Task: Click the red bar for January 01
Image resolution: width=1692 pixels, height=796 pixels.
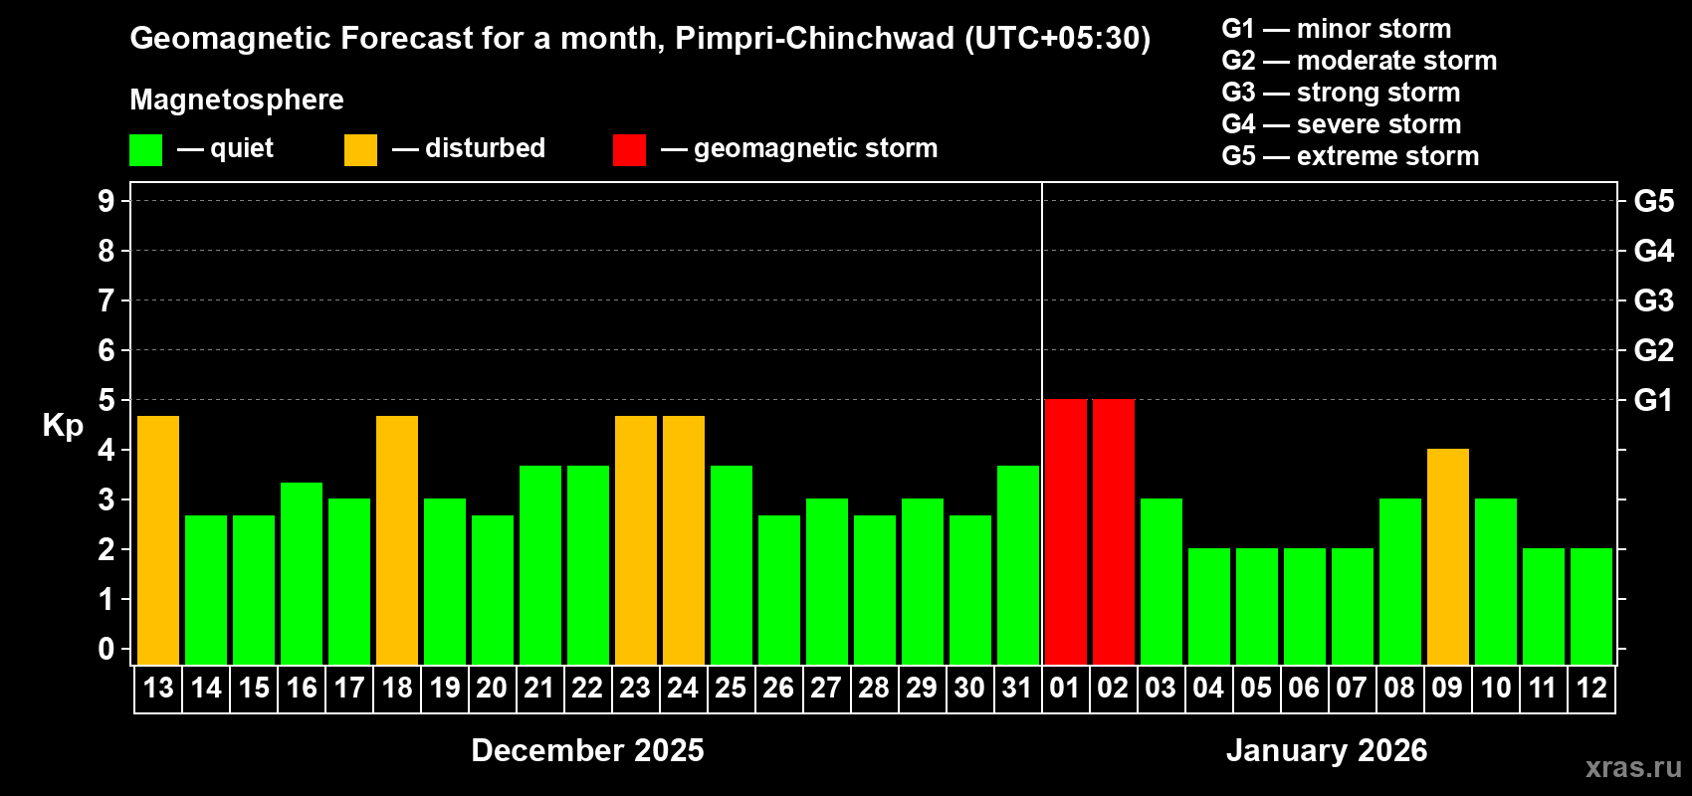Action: [x=1065, y=531]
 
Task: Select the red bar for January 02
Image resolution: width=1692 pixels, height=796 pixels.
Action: [x=1113, y=531]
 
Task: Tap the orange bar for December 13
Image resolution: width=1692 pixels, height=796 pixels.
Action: [x=158, y=539]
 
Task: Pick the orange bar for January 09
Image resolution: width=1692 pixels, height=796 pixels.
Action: [x=1447, y=556]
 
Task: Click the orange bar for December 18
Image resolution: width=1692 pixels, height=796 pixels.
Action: [x=397, y=539]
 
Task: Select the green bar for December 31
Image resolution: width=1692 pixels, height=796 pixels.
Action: [x=1017, y=564]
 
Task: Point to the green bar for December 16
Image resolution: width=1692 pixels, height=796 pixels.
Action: [x=302, y=573]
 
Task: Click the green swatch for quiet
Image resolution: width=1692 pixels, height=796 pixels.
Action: [x=145, y=150]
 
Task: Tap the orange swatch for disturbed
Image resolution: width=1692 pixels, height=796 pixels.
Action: [x=360, y=150]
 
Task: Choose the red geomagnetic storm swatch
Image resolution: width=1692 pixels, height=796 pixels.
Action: [x=629, y=150]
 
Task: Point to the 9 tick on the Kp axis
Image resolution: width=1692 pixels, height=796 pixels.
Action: [x=106, y=201]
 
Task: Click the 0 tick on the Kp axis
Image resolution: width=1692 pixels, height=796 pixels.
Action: [x=106, y=649]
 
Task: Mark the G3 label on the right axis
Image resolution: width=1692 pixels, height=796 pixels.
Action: [x=1653, y=300]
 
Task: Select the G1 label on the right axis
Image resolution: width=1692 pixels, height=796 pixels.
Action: [x=1653, y=400]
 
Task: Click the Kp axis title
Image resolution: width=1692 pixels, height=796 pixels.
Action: [x=63, y=426]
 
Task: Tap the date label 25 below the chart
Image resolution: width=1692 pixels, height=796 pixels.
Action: [x=731, y=688]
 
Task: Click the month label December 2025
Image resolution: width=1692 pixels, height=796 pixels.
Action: [x=587, y=750]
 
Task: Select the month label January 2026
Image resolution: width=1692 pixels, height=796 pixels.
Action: [x=1326, y=750]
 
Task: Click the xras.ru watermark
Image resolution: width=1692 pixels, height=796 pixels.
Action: [x=1632, y=767]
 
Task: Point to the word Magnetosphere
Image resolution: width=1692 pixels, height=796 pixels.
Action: [x=237, y=99]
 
